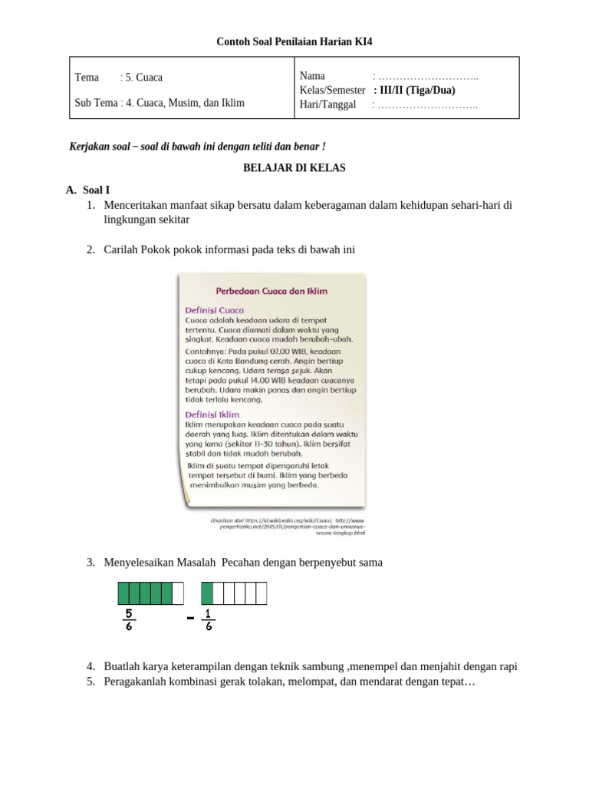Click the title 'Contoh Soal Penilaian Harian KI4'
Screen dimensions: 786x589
coord(294,41)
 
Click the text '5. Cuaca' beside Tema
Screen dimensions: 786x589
coord(143,78)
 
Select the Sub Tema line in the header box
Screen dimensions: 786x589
coord(160,102)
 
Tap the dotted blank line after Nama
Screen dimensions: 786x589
coord(426,76)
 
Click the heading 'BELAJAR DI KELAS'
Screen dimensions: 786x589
coord(294,168)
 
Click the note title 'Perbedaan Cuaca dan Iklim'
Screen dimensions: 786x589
coord(271,291)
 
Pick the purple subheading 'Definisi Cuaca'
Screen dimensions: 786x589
coord(215,309)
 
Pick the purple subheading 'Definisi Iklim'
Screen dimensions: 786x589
coord(212,414)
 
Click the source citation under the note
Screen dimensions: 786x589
coord(288,526)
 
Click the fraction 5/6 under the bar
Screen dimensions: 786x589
coord(129,619)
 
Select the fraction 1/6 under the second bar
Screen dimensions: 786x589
coord(209,619)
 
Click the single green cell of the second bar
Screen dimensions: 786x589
coord(207,593)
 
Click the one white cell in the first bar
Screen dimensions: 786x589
coord(178,593)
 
